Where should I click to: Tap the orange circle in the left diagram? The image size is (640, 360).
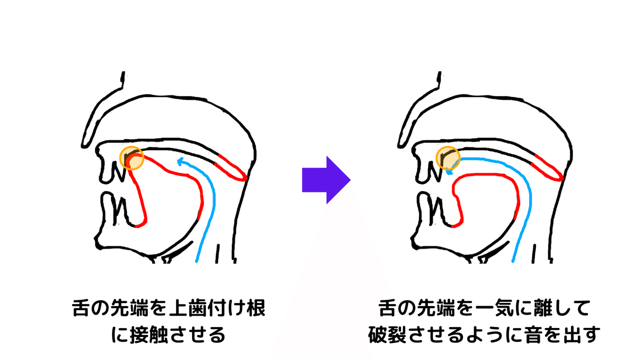(x=133, y=158)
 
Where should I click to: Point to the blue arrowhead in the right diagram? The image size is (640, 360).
(x=449, y=171)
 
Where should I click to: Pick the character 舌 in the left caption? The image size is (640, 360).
(x=82, y=309)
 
